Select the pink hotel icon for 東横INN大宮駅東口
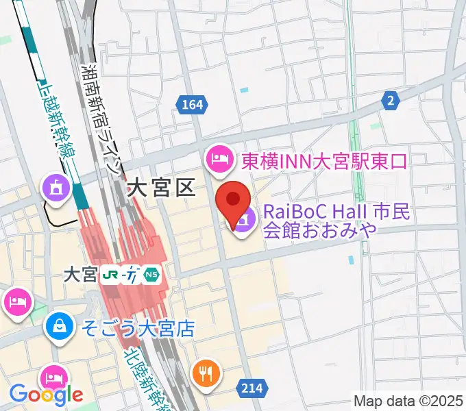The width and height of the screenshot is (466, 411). tap(218, 160)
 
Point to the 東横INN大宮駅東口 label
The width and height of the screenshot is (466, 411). tap(323, 161)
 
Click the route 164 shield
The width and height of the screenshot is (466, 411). tap(191, 105)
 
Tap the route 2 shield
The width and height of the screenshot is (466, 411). tap(391, 101)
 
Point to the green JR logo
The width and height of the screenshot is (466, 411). tap(109, 275)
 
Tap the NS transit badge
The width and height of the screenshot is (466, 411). tap(152, 275)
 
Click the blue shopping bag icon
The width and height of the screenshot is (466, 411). tap(60, 327)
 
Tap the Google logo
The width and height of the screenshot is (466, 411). tap(46, 395)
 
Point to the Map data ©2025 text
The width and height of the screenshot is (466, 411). tap(408, 401)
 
